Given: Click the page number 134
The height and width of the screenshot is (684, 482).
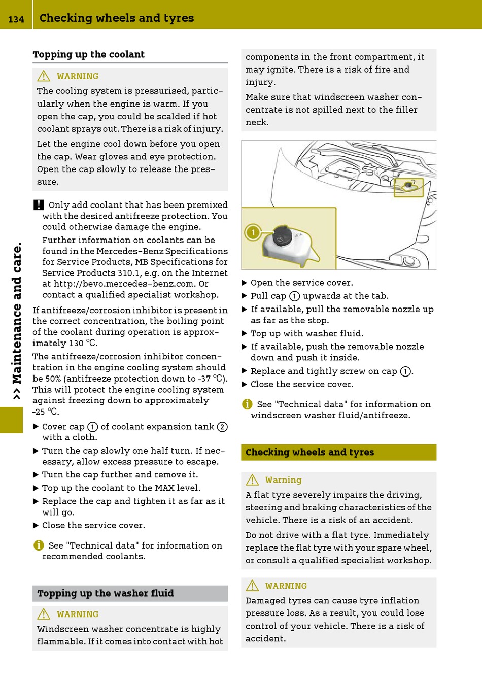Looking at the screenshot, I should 16,19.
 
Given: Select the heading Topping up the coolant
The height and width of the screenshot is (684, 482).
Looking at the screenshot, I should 88,54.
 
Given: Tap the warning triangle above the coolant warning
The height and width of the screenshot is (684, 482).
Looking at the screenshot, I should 44,76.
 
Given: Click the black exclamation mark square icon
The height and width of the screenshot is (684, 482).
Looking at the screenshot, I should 39,205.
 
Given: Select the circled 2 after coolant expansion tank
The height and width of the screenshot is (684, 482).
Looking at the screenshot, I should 222,427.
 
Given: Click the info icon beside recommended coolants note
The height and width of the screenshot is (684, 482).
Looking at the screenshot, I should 39,545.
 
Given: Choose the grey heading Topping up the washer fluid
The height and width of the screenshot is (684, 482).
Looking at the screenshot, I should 106,593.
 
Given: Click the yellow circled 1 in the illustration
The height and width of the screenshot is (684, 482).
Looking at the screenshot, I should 253,233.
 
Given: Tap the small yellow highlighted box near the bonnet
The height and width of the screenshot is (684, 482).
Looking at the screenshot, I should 408,187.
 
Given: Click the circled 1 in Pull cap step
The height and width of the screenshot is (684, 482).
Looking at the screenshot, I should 294,296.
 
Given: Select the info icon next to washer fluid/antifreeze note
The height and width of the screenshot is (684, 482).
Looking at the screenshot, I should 247,404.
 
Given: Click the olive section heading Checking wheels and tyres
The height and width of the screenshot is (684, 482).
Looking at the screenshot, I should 309,452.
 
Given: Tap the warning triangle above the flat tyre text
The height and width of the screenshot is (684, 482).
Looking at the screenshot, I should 252,480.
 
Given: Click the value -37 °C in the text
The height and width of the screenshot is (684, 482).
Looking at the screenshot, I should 212,379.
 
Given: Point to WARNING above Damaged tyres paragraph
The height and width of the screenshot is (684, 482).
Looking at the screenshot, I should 286,586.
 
